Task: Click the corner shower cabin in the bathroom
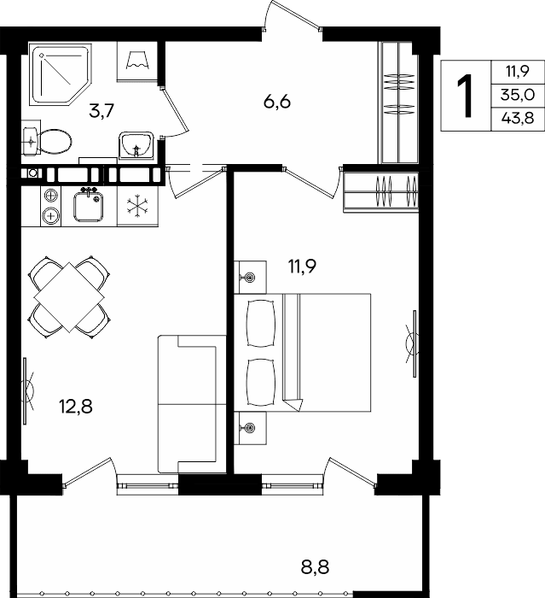[x=61, y=74]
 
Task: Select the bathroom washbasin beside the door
[x=136, y=145]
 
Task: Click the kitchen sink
[x=89, y=206]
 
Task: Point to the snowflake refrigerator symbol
[x=137, y=207]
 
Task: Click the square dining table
[x=69, y=297]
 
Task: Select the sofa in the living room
[x=192, y=404]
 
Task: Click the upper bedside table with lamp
[x=250, y=278]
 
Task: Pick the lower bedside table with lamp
[x=250, y=428]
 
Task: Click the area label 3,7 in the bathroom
[x=101, y=111]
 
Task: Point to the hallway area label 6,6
[x=277, y=102]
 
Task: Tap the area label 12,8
[x=76, y=407]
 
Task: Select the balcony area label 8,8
[x=315, y=567]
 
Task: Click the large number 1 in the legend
[x=465, y=96]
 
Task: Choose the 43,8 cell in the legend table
[x=518, y=119]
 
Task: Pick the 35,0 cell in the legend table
[x=518, y=95]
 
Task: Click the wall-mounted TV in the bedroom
[x=414, y=343]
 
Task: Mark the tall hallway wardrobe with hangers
[x=398, y=103]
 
